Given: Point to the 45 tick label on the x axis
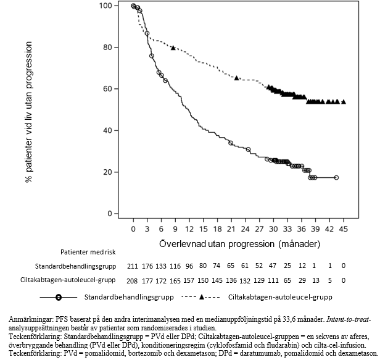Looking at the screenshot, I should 344,228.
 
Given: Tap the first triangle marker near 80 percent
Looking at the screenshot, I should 173,48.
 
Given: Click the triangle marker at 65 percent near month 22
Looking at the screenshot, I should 237,78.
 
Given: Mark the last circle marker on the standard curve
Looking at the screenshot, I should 336,177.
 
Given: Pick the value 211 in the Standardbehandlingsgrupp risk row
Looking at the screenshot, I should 133,266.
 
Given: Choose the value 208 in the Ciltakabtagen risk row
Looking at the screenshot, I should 133,279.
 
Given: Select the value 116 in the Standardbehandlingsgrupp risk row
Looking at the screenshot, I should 175,266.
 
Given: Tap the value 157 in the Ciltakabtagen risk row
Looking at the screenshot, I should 189,279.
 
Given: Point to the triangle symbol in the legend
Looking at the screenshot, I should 202,297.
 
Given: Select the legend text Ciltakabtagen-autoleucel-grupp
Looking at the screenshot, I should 279,297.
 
